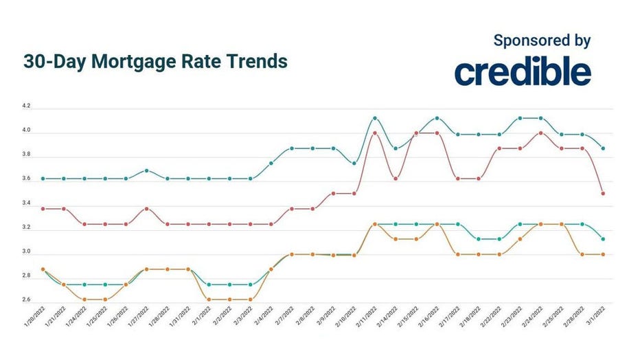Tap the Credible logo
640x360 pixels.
[522, 71]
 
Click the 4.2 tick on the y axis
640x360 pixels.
[26, 107]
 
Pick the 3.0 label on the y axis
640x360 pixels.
[26, 251]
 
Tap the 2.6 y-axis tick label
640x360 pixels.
[26, 300]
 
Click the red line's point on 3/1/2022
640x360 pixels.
[603, 194]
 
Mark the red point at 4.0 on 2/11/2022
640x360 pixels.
[374, 133]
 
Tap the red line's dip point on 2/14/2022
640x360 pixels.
[396, 179]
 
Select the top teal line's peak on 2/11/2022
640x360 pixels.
[374, 118]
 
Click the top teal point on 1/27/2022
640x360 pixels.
[146, 170]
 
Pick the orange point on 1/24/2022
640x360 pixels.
[84, 300]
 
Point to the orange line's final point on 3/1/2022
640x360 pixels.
[603, 254]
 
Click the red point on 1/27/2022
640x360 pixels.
[146, 208]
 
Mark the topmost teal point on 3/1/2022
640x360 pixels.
[603, 148]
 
